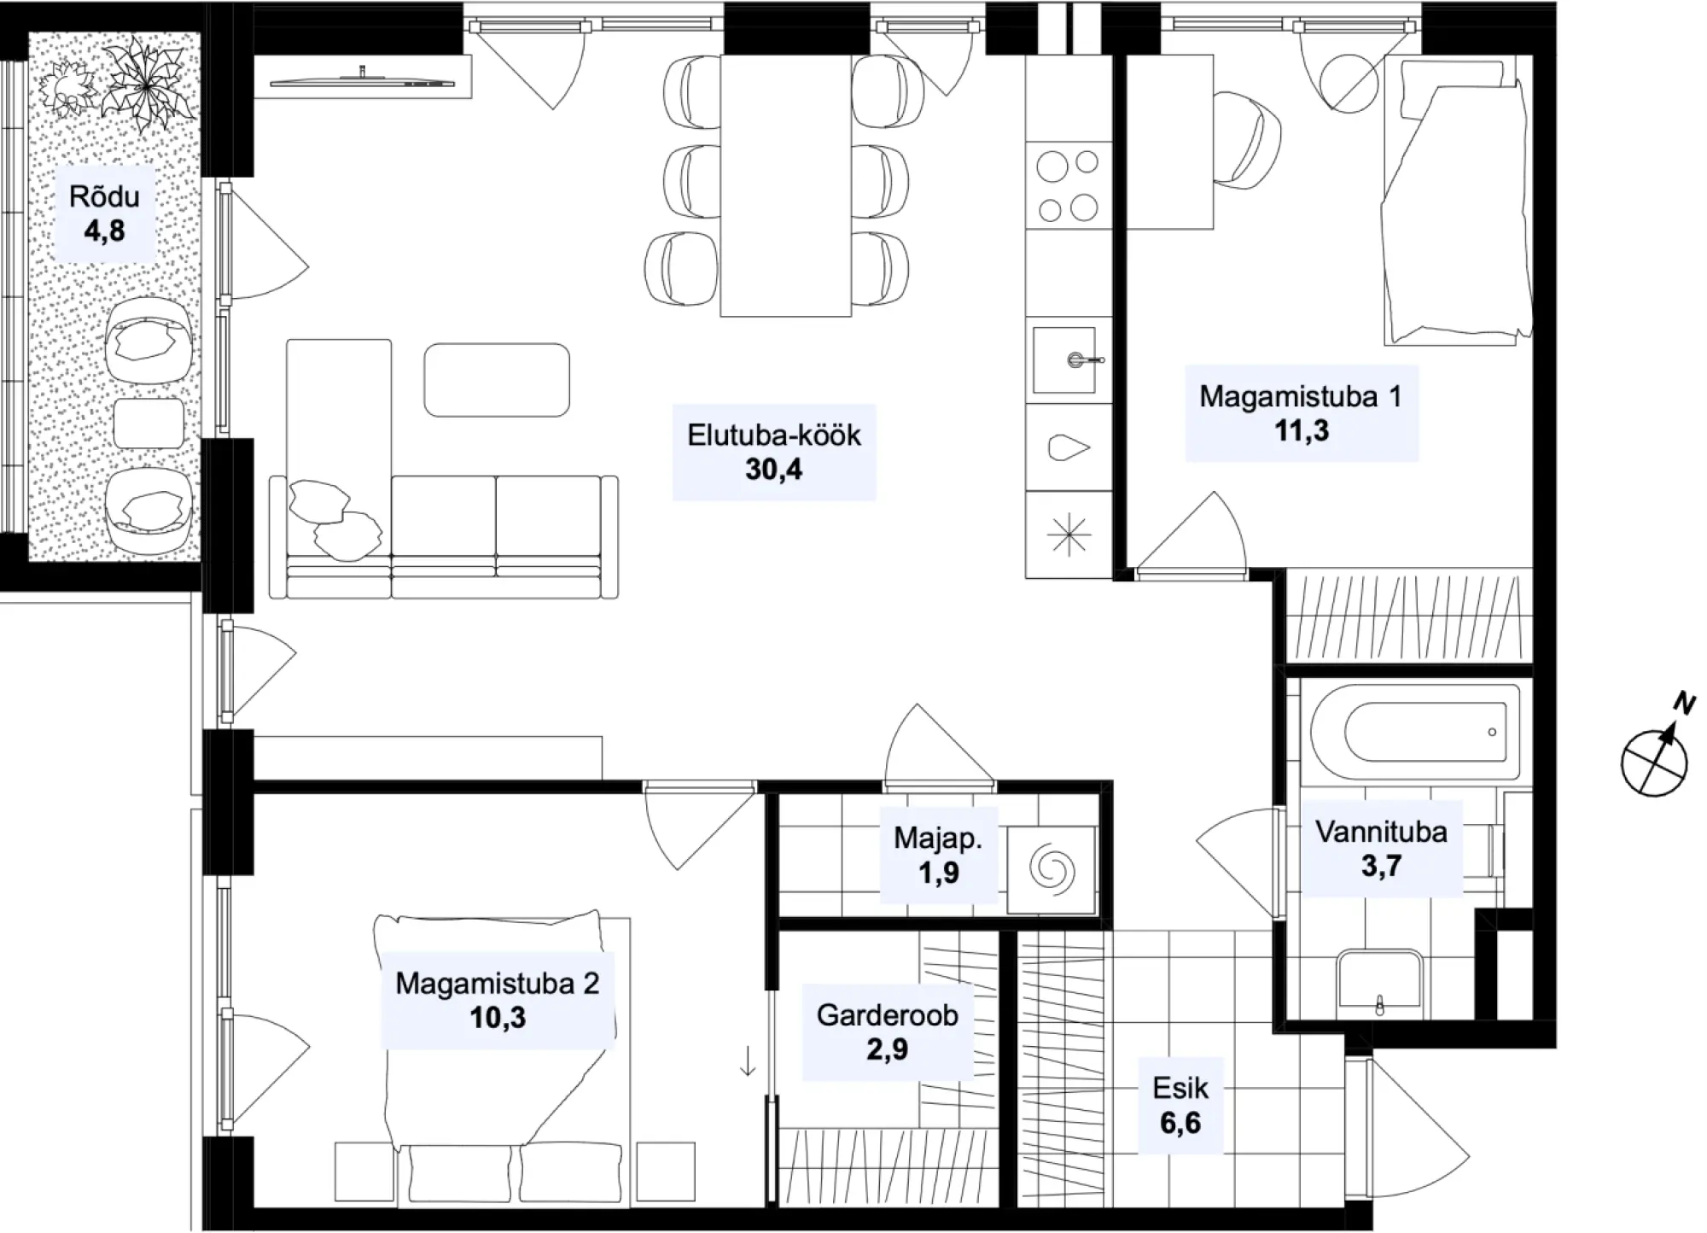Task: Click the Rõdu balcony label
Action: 104,196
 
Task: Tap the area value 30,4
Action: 774,470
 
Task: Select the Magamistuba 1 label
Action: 1301,396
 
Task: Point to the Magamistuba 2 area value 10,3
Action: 498,1018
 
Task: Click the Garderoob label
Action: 888,1015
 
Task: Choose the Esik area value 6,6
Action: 1180,1123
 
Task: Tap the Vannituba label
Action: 1381,832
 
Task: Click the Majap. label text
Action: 938,839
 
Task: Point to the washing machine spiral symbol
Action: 1052,870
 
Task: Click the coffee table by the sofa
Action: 497,380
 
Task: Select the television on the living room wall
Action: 363,82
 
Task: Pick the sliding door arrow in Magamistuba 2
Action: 747,1061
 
